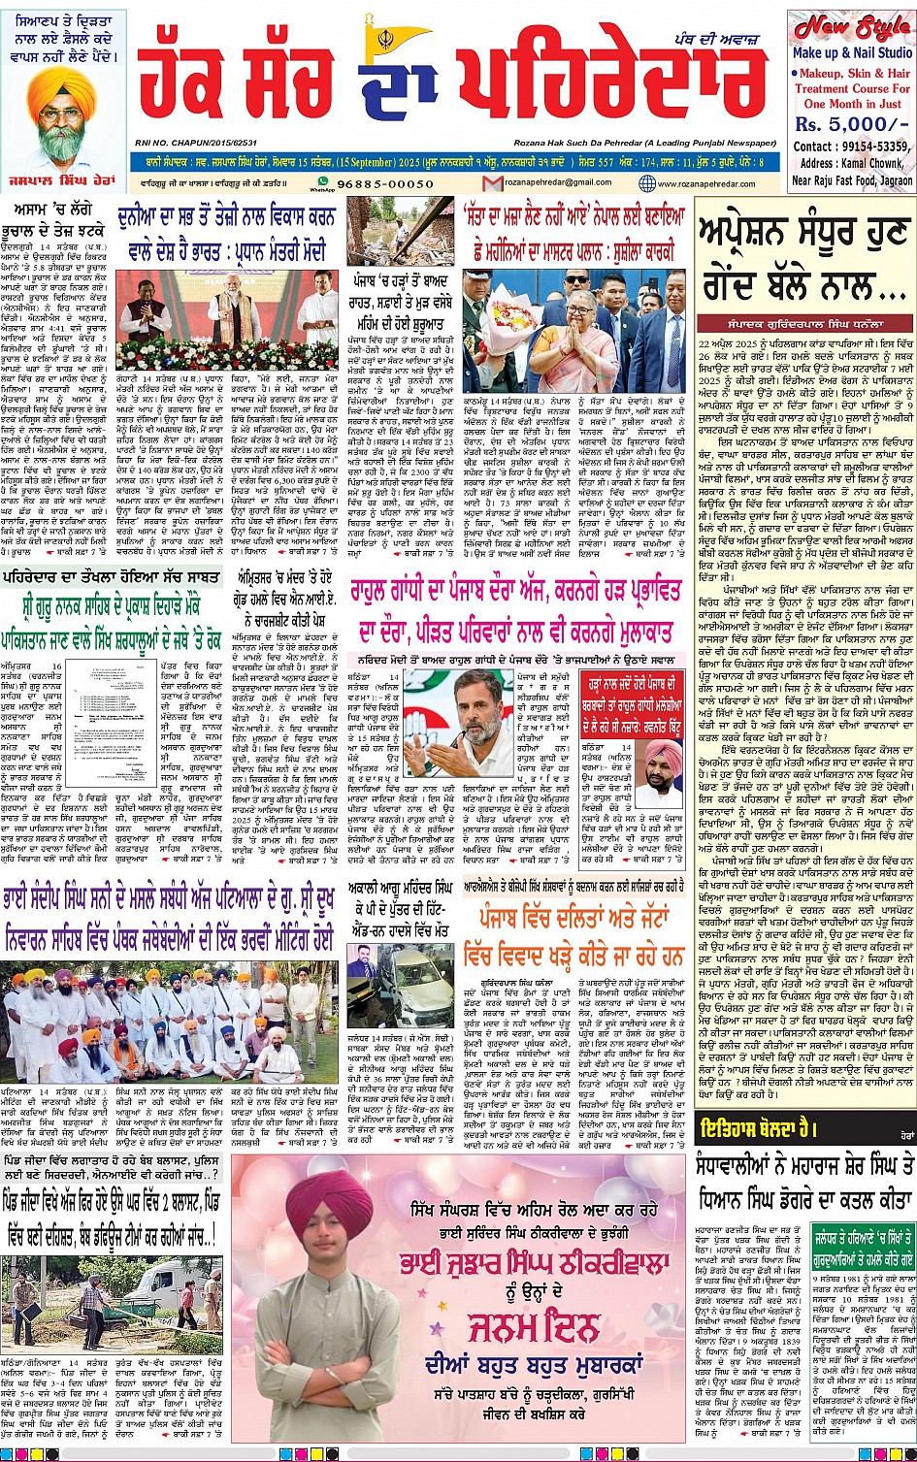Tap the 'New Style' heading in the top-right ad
pos(851,27)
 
